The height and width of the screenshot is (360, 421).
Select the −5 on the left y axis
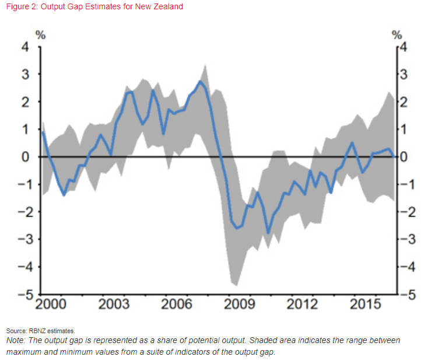coord(23,294)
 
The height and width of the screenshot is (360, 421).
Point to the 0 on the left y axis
coord(25,157)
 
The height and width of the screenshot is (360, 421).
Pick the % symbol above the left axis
coord(41,34)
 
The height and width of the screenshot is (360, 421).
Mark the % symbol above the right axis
coord(397,34)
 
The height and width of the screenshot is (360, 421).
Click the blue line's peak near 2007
coord(201,81)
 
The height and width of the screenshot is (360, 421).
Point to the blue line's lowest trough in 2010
coord(269,233)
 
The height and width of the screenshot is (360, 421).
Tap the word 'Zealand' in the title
coord(168,7)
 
